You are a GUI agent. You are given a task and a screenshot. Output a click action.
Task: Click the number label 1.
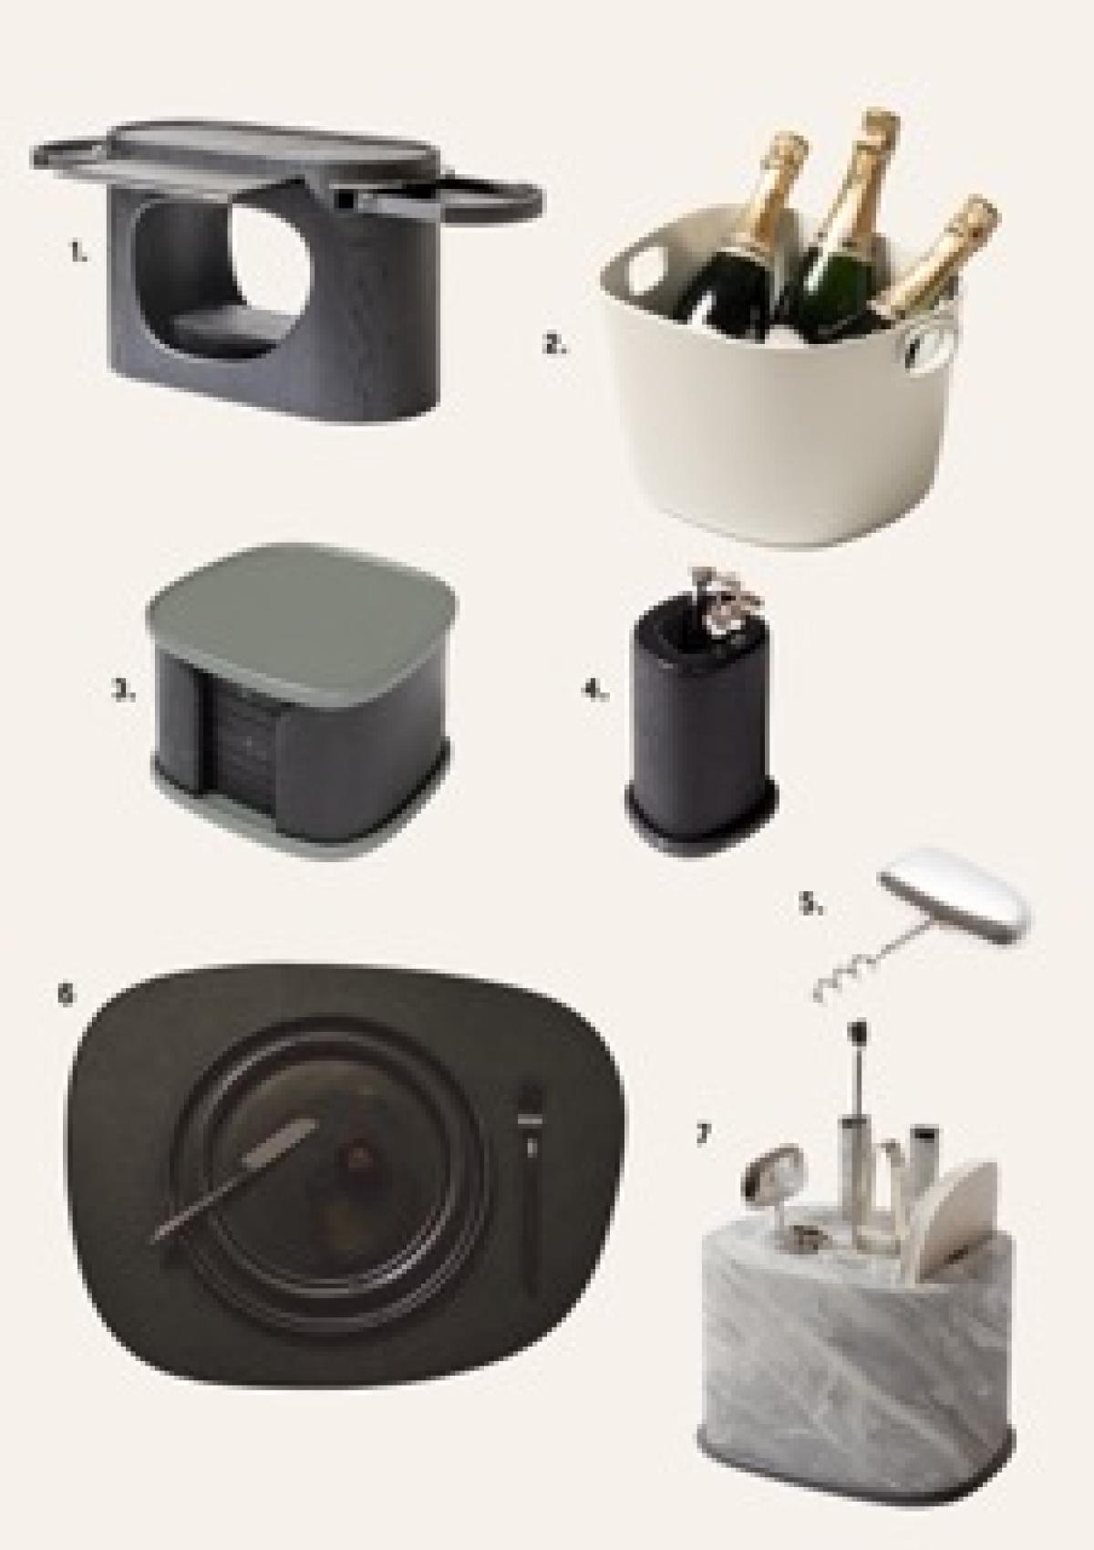pyautogui.click(x=78, y=255)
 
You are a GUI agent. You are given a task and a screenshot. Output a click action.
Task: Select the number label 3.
pyautogui.click(x=124, y=691)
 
